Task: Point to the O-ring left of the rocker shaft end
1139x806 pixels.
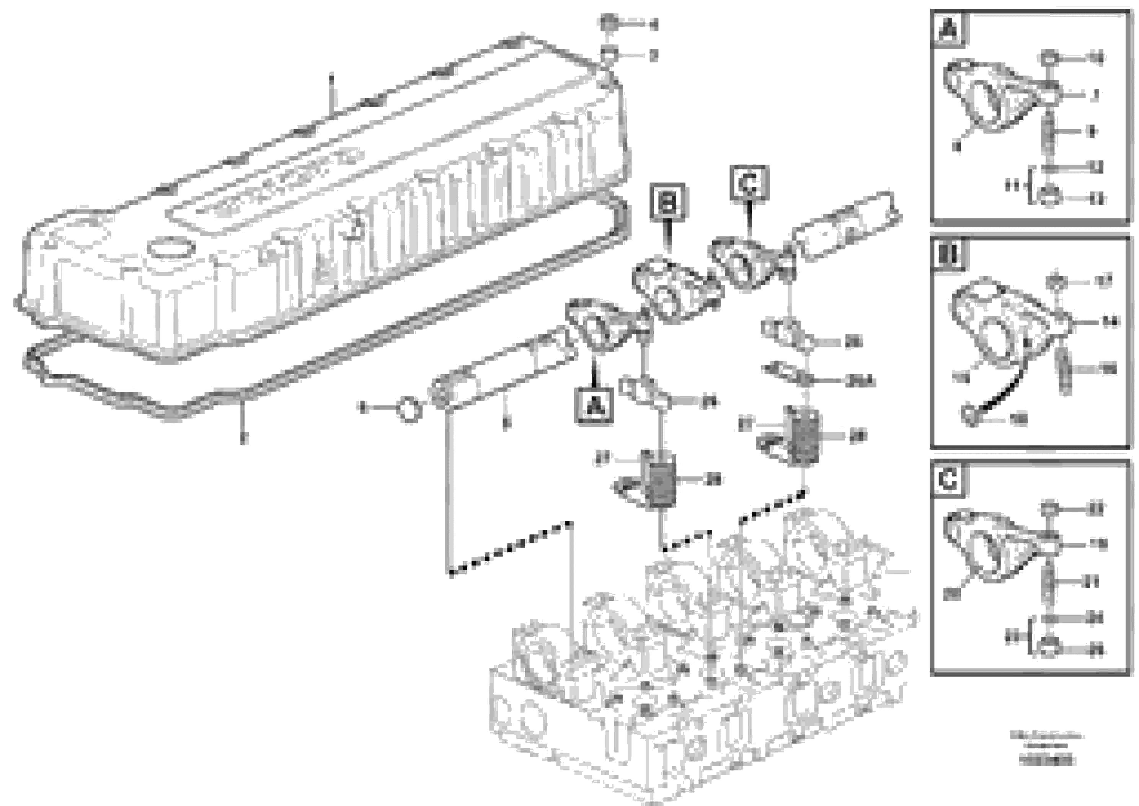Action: [x=409, y=410]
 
